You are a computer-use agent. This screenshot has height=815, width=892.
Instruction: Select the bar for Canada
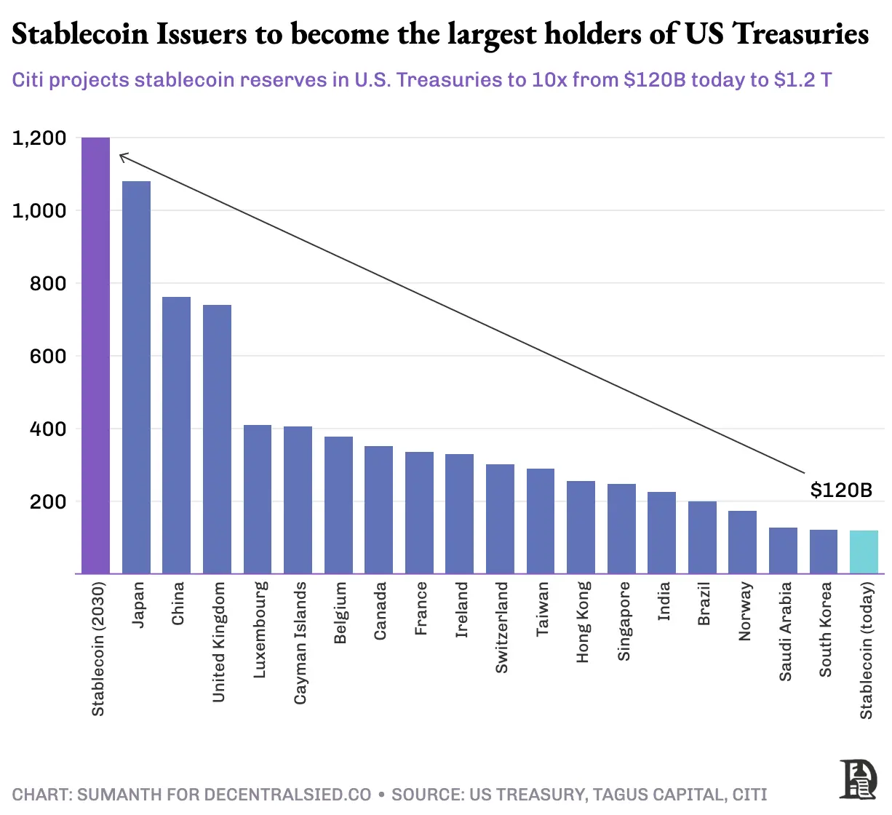(x=378, y=509)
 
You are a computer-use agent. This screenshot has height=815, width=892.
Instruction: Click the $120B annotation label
(x=841, y=490)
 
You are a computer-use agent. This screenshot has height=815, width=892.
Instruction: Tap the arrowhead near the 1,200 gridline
(x=122, y=156)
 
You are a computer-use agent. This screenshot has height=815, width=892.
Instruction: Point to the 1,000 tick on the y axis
(x=39, y=210)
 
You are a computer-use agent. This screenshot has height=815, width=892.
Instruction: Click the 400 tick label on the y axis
(x=48, y=429)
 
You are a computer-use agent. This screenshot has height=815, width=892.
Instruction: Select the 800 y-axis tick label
(x=48, y=283)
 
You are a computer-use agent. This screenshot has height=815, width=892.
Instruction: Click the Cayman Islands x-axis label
(x=300, y=643)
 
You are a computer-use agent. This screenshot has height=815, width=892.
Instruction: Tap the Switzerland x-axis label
(x=501, y=627)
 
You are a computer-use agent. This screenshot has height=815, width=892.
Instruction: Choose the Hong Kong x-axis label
(x=583, y=622)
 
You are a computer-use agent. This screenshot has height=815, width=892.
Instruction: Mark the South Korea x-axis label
(x=825, y=629)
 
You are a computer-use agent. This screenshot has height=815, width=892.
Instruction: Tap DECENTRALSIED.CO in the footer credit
(x=287, y=795)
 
